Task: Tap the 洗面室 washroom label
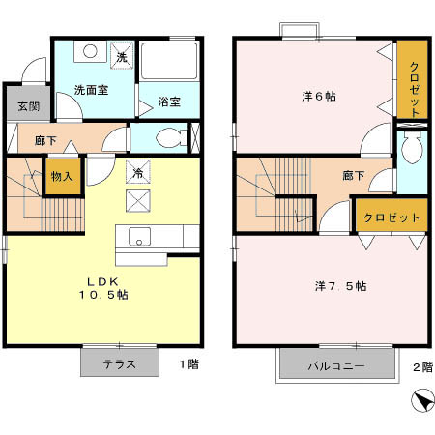coord(91,90)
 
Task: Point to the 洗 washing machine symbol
coord(122,56)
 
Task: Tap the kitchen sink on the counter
coord(137,237)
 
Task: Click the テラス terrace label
coord(120,365)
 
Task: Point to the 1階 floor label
coord(189,365)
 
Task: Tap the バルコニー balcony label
coord(336,366)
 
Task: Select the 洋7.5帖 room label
coord(339,286)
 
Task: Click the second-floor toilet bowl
coord(414,148)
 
